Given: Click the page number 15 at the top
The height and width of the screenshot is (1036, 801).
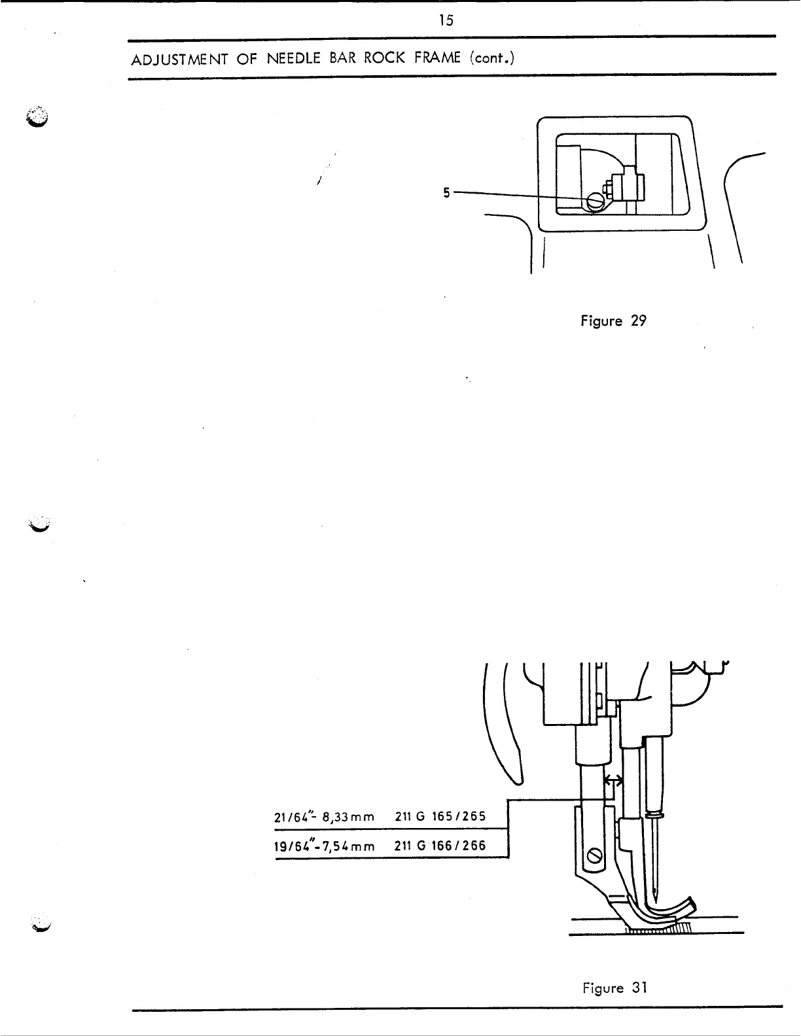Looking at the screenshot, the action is point(446,20).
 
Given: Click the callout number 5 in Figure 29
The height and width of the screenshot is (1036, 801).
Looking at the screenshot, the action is point(446,193).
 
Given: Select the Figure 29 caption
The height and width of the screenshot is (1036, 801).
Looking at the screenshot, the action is point(613,321).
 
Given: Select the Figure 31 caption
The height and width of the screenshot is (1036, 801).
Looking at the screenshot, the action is point(614,988).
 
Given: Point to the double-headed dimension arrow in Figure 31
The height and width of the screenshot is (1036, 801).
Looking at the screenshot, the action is point(613,780).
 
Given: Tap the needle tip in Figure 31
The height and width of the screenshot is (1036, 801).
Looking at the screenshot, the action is point(656,896).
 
